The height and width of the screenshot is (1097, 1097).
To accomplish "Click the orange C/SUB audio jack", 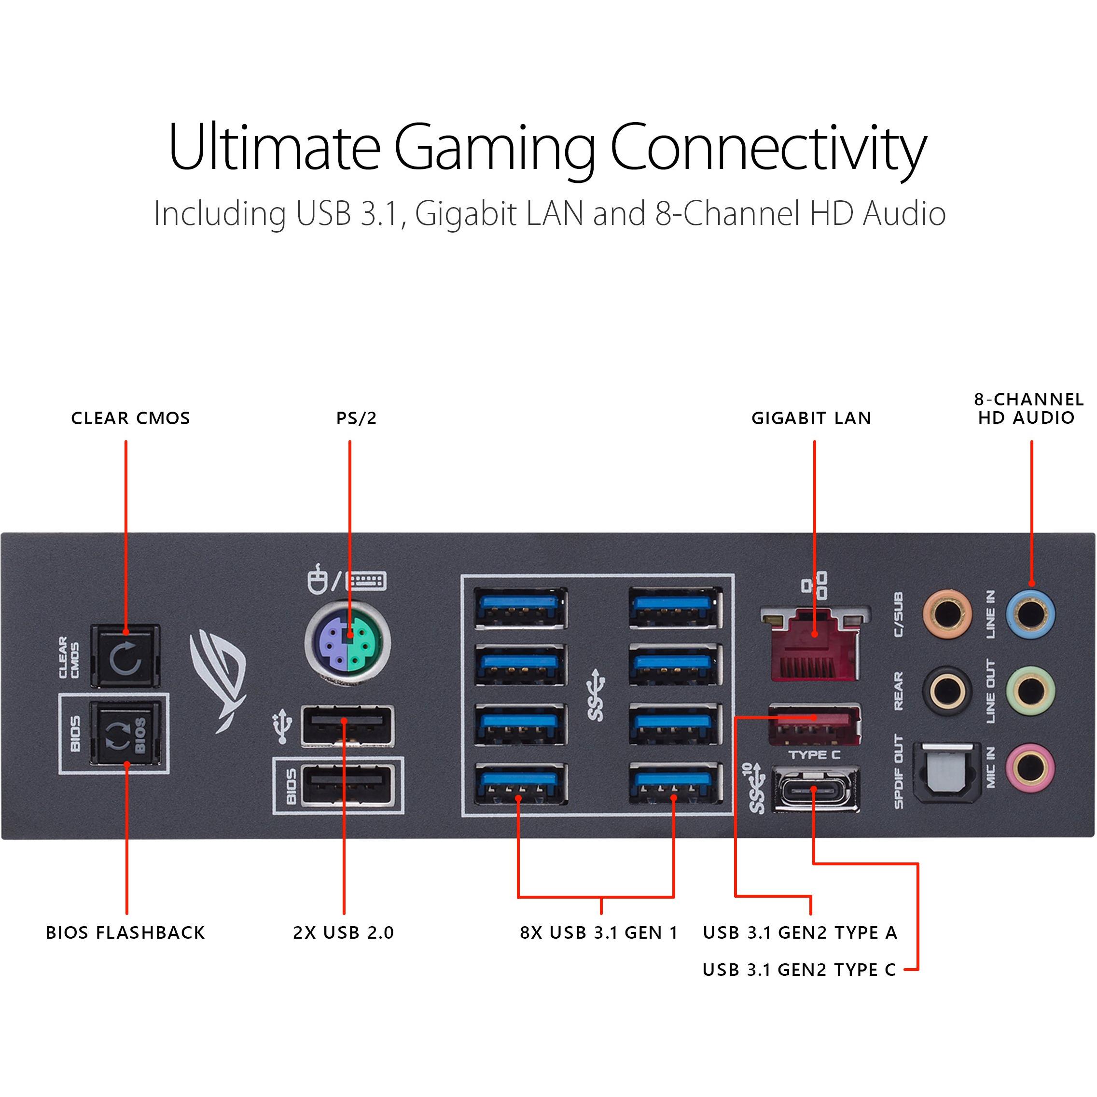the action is tap(946, 615).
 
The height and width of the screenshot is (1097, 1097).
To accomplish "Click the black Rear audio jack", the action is tap(946, 691).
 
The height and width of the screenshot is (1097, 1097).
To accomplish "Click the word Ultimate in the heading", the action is tap(274, 147).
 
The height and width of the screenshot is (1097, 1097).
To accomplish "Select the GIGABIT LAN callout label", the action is tap(811, 418).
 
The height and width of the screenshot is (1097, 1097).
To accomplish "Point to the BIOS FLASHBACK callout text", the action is tap(125, 932).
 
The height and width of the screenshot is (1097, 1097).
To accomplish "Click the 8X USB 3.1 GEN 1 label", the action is tap(599, 932).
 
